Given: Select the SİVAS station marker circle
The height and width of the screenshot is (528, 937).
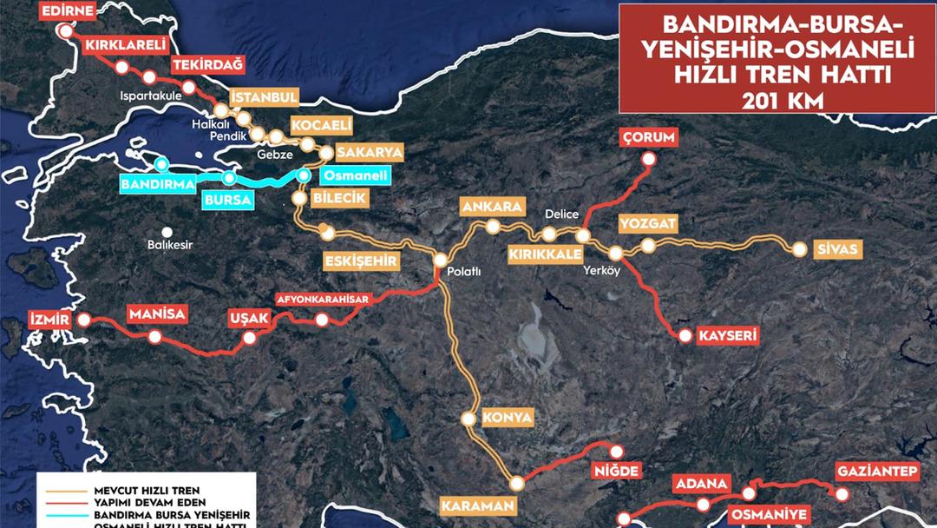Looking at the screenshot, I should [x=800, y=249].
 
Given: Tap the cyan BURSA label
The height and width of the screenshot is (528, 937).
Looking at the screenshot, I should [x=227, y=200].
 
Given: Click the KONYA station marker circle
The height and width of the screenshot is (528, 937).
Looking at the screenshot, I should [x=468, y=419].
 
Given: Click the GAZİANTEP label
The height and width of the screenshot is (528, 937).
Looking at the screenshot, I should [x=877, y=472].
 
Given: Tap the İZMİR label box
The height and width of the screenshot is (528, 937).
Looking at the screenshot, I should [x=49, y=320].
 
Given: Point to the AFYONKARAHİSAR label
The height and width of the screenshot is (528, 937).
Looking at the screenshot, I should [x=324, y=300].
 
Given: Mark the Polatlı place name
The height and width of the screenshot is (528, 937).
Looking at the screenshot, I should [x=463, y=271].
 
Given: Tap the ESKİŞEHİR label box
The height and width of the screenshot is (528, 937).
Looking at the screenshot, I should [x=361, y=261].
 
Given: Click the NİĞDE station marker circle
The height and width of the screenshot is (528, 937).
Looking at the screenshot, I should [x=616, y=452].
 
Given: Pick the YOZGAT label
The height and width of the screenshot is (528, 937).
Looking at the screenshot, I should [x=647, y=224].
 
